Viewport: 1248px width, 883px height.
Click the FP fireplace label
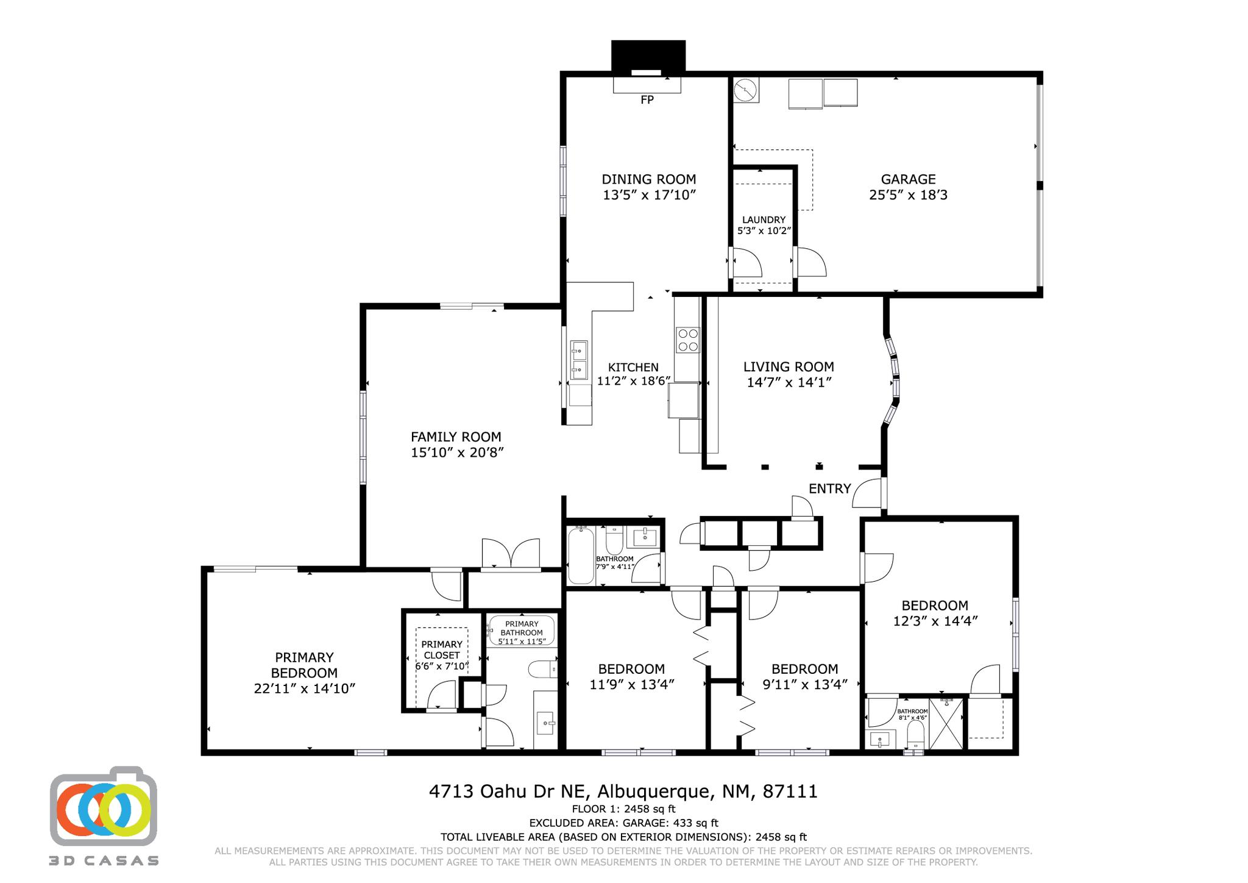click(647, 100)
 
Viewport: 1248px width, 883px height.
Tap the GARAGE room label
click(908, 179)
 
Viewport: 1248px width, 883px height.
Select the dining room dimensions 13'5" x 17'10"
click(649, 195)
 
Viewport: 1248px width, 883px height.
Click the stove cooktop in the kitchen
click(688, 340)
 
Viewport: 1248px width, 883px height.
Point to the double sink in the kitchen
click(579, 360)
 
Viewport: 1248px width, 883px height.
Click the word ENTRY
click(829, 488)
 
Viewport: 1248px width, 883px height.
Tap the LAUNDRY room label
click(764, 220)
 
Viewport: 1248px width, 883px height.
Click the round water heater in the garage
click(745, 91)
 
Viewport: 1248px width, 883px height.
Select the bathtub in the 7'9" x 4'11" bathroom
click(581, 556)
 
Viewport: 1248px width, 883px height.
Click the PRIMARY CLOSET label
click(442, 649)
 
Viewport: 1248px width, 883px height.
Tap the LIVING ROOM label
click(789, 366)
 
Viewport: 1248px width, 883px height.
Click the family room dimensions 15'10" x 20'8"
click(457, 452)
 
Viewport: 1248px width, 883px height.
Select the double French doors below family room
click(511, 555)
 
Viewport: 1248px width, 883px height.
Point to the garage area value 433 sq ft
click(695, 823)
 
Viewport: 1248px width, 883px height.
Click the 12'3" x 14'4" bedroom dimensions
click(935, 621)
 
